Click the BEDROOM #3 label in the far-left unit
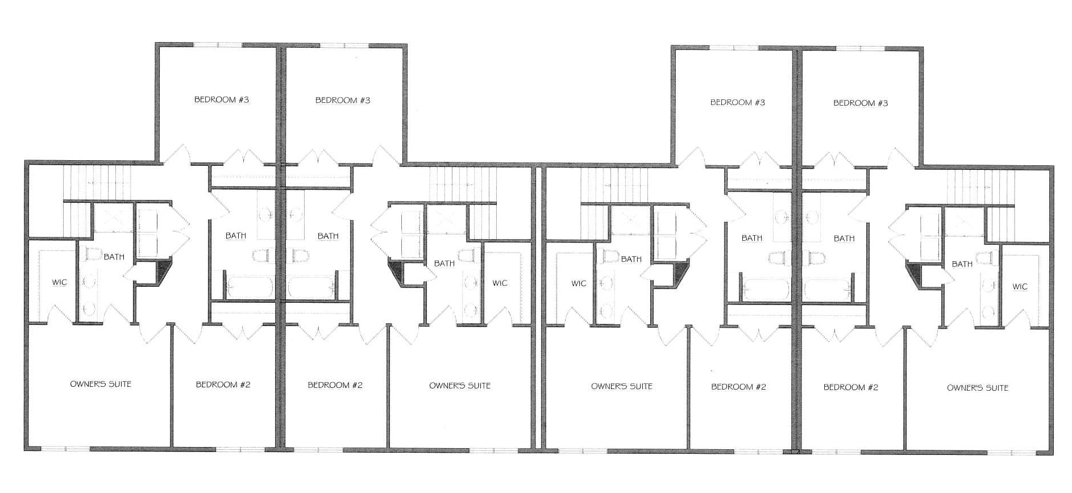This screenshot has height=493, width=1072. tap(222, 100)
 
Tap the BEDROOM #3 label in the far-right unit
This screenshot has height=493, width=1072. tap(861, 103)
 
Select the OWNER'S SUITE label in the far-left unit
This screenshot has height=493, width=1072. tap(101, 384)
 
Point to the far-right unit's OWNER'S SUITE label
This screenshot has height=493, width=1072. tap(978, 388)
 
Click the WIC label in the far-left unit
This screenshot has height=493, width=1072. tap(60, 282)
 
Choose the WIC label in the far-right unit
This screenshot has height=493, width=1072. tap(1020, 287)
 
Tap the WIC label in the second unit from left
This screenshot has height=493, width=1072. tap(500, 283)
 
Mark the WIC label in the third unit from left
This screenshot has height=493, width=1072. tap(579, 283)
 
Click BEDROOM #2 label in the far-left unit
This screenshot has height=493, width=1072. tap(223, 385)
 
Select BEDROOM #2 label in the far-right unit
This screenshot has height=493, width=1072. tap(851, 387)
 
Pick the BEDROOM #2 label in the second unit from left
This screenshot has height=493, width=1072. tap(335, 385)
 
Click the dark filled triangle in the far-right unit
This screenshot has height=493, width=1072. tap(913, 274)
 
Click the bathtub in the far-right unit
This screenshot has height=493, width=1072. tap(827, 291)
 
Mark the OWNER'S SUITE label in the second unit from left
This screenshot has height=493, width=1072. tap(460, 386)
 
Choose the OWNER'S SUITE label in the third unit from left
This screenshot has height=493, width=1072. tap(622, 386)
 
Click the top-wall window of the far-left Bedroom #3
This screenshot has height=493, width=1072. tap(218, 44)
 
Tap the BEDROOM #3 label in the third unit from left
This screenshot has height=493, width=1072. tap(738, 102)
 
